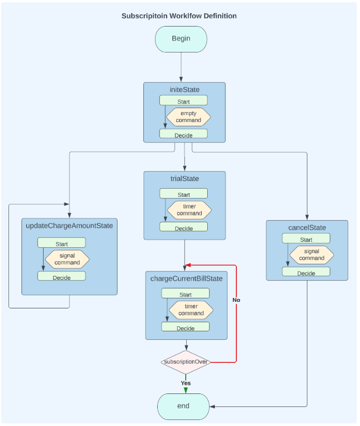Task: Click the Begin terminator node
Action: tap(181, 39)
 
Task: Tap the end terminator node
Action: tap(183, 406)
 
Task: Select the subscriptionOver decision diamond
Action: tap(186, 361)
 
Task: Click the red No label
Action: tap(236, 300)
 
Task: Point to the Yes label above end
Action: tap(186, 383)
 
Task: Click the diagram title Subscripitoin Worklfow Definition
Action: tap(179, 16)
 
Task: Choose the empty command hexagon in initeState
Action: tap(188, 117)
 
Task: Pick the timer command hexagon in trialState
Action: tap(189, 210)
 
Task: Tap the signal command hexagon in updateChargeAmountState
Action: tap(67, 259)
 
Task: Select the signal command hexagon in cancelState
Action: tap(311, 255)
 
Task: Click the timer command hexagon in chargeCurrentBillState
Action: tap(191, 310)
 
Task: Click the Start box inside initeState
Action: tap(183, 101)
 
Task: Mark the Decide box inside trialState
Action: tap(183, 228)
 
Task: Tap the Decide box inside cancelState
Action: tap(306, 273)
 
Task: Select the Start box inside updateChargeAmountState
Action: tap(62, 244)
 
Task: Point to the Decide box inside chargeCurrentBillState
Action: tap(185, 328)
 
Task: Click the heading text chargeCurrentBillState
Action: tap(186, 279)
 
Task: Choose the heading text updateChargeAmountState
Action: tap(69, 226)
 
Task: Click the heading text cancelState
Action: tap(307, 228)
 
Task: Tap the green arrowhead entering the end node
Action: tap(186, 390)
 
